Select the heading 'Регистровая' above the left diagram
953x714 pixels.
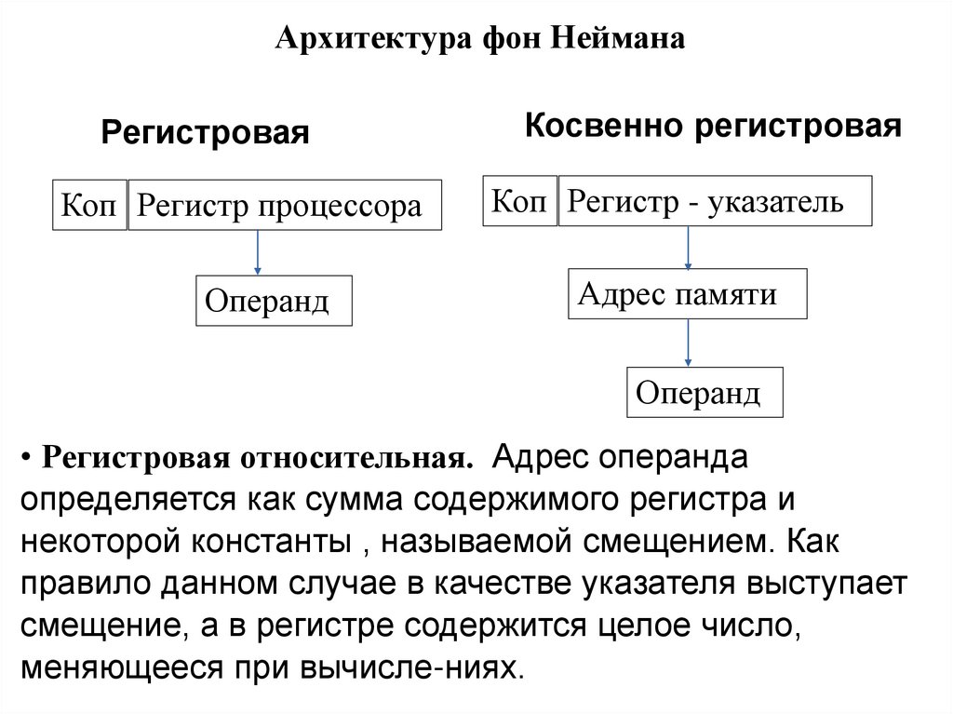point(205,132)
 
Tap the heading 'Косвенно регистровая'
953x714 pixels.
point(714,126)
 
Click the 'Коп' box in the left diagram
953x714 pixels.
point(89,205)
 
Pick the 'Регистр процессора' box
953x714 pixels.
point(284,205)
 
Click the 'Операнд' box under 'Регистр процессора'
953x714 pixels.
point(274,300)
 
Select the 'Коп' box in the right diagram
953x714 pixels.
point(519,200)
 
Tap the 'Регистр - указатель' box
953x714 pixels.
point(714,200)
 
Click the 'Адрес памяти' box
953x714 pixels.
point(687,294)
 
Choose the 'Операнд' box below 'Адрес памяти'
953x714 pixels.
point(705,392)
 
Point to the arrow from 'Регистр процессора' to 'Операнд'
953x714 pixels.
point(258,251)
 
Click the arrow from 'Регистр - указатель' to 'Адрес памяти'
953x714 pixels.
point(688,248)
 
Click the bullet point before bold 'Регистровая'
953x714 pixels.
point(30,460)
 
